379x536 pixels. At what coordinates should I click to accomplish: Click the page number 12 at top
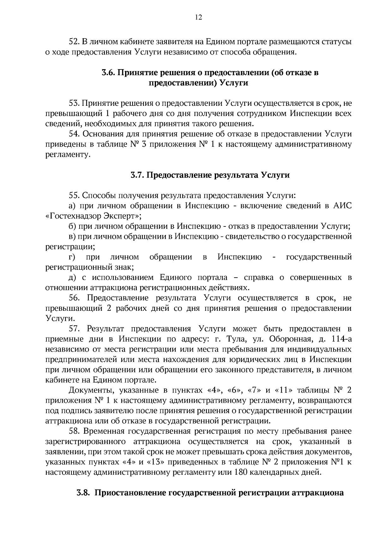tap(198, 17)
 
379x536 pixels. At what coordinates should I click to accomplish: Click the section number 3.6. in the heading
tap(109, 73)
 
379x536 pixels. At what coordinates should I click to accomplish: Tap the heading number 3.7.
tap(138, 175)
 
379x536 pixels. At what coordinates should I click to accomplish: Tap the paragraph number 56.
tap(75, 298)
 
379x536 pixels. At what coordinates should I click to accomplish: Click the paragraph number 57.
tap(75, 329)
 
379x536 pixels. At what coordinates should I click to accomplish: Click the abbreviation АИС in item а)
tap(343, 206)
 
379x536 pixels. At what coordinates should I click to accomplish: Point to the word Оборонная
tap(292, 339)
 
